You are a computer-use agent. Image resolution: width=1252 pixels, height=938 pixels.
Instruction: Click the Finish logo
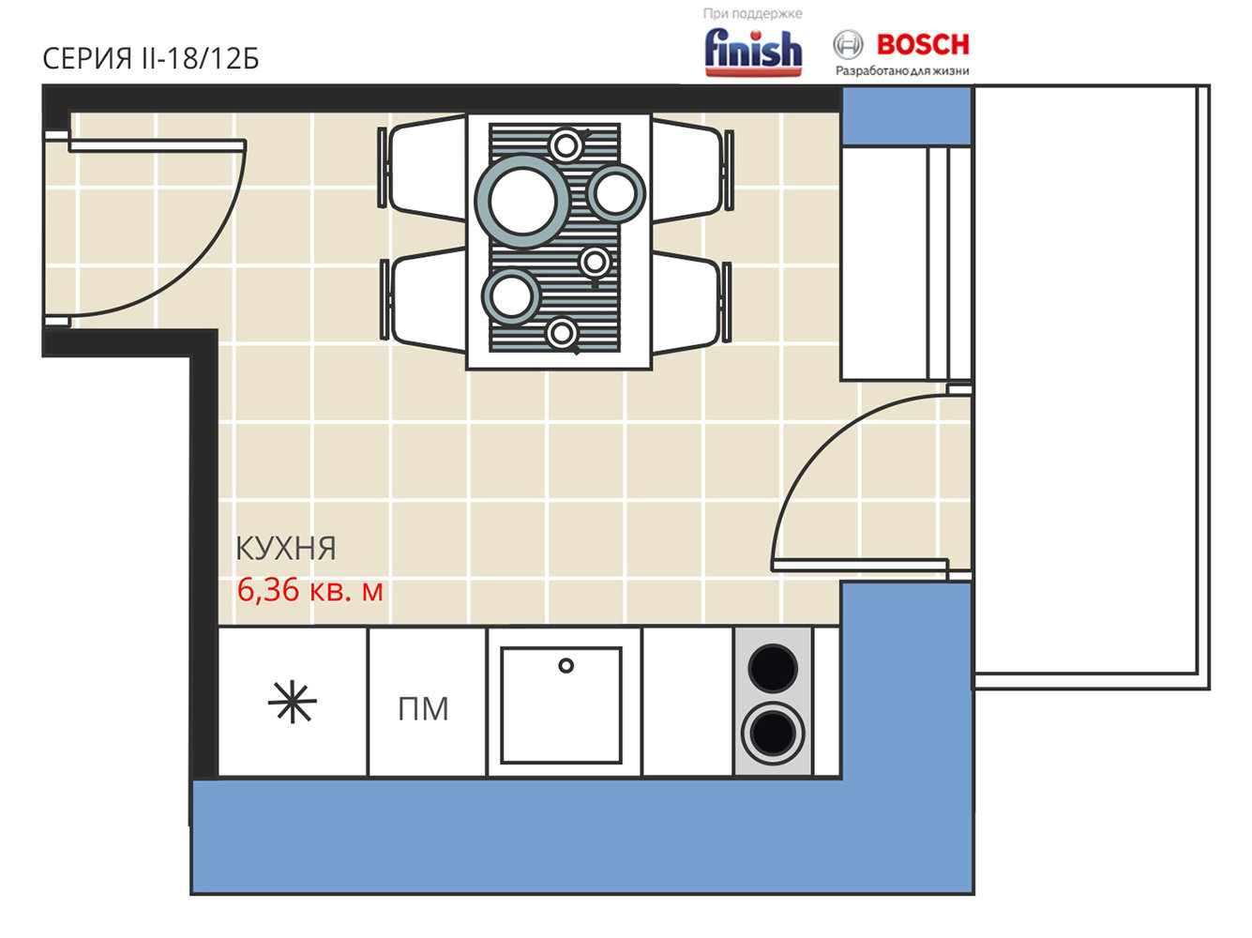[x=753, y=52]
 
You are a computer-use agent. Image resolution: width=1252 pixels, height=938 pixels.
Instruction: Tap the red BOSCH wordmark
[x=923, y=44]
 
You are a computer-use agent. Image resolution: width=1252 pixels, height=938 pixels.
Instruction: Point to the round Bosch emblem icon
[x=848, y=44]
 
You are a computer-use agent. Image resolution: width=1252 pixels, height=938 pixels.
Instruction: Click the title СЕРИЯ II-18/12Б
[x=151, y=58]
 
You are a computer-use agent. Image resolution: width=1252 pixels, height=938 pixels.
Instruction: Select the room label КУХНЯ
[x=286, y=548]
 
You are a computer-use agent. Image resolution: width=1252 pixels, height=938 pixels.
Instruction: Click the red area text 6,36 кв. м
[x=309, y=590]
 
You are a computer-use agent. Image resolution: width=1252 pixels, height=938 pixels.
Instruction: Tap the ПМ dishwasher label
[x=423, y=709]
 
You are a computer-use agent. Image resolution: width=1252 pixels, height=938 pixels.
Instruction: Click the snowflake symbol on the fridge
[x=292, y=702]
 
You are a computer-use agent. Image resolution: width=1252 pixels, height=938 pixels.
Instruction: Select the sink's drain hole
[x=566, y=665]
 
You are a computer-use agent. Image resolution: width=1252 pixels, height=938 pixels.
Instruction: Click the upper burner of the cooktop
[x=773, y=668]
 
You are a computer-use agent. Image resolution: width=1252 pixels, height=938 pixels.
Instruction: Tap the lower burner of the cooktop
[x=773, y=734]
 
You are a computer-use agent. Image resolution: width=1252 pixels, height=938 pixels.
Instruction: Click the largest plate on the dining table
[x=522, y=202]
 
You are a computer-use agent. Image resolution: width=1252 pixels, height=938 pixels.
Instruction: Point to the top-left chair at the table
[x=422, y=168]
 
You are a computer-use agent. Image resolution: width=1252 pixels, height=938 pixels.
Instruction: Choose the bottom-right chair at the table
[x=690, y=302]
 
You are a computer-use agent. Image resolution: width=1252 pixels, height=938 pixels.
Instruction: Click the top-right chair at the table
[x=691, y=169]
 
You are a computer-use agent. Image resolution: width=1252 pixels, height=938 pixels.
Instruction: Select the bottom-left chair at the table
[x=425, y=300]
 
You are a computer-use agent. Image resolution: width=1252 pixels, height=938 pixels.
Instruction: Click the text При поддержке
[x=752, y=13]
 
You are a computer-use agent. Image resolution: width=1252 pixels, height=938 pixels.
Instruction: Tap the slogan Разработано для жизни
[x=902, y=70]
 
